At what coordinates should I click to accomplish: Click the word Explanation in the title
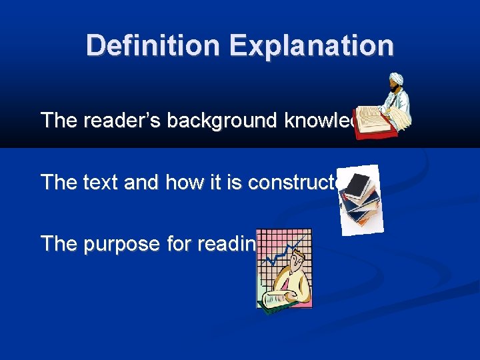pyautogui.click(x=311, y=46)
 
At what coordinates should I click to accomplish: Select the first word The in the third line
pyautogui.click(x=59, y=243)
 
